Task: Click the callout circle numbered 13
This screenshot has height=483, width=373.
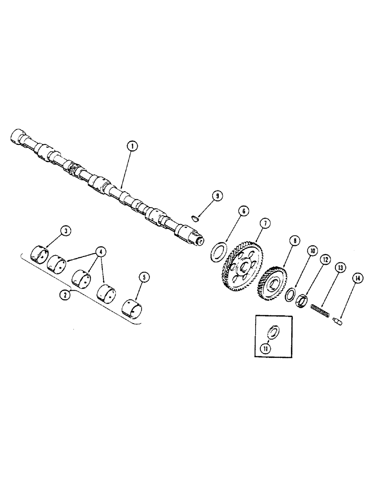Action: (341, 268)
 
